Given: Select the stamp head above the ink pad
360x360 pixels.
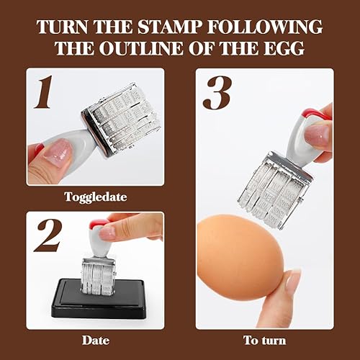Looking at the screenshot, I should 97,274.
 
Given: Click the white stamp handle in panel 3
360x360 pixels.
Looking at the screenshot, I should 302,140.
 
